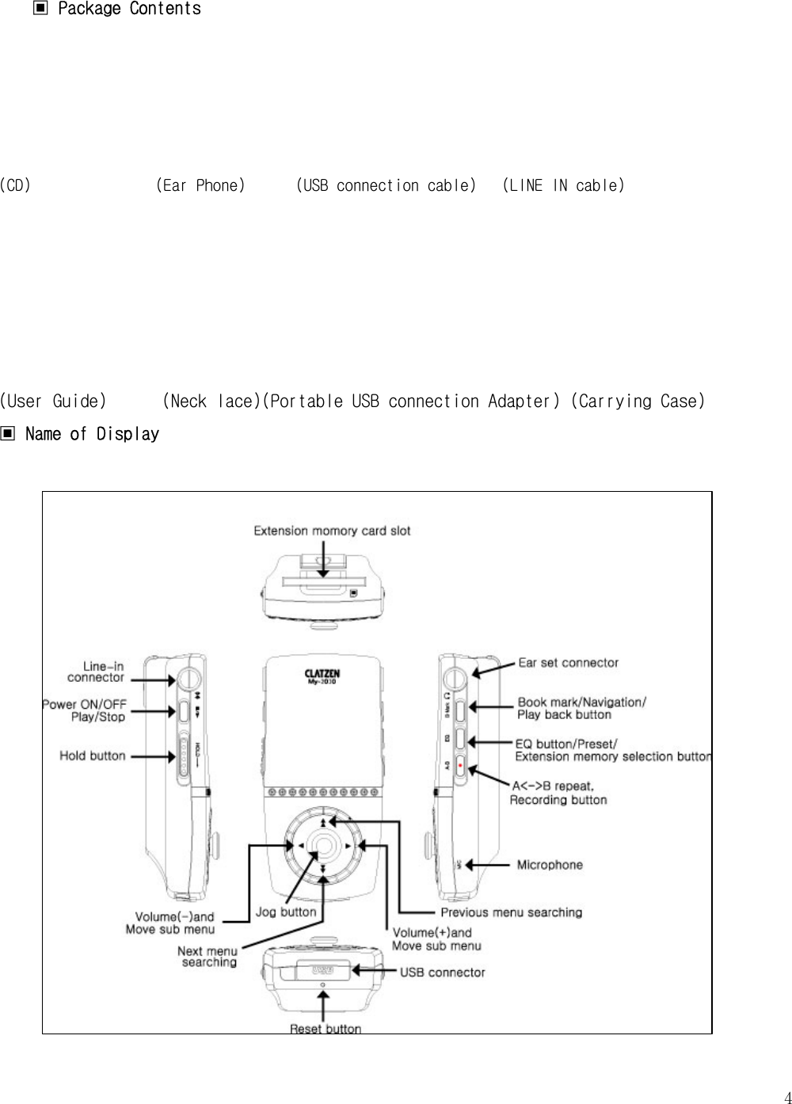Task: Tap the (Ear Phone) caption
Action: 200,185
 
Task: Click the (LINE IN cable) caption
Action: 563,185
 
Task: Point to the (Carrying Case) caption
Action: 638,401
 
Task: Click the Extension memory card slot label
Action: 332,531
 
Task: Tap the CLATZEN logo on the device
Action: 322,674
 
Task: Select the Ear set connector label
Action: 568,662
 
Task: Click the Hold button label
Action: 93,756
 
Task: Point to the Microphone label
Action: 550,865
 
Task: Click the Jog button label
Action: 285,912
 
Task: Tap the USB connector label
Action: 442,972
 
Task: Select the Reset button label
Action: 325,1028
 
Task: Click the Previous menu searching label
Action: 511,912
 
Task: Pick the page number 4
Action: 786,1097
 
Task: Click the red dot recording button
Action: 460,767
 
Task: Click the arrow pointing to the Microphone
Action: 490,865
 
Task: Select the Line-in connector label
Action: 96,672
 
